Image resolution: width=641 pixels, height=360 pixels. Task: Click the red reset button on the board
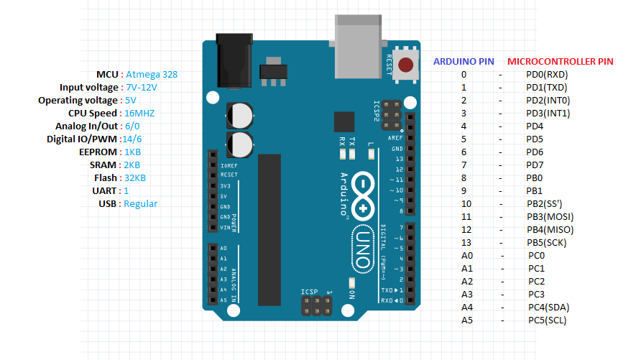click(406, 65)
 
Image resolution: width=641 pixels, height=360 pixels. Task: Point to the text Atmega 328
click(152, 74)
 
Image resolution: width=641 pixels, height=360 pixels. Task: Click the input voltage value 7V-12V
click(141, 87)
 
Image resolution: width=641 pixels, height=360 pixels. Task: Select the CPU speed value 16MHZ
click(139, 113)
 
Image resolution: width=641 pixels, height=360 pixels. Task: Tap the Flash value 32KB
click(134, 177)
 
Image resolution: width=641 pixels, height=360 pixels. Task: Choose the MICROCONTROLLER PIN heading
click(561, 62)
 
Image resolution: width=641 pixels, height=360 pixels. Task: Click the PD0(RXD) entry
click(547, 74)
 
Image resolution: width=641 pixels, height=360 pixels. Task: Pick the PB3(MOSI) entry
click(550, 216)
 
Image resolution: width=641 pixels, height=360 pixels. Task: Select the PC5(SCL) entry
click(547, 320)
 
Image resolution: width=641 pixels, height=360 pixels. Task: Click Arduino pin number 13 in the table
click(464, 242)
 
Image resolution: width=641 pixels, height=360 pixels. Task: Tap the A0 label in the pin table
click(467, 255)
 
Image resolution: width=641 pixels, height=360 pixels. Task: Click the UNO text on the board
click(363, 248)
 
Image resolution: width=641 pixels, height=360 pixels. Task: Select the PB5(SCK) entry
click(547, 242)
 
